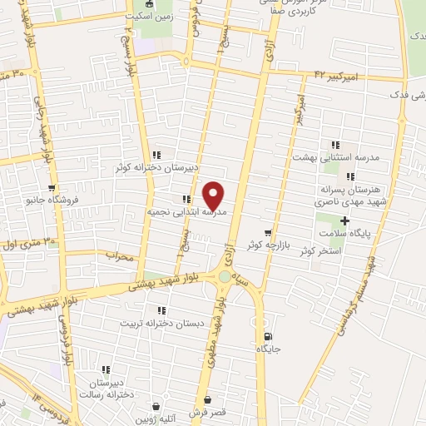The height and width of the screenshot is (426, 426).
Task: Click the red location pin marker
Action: (214, 196)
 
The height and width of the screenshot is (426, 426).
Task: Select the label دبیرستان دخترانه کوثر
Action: (156, 167)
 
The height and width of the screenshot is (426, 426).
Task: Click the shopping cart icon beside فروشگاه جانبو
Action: (52, 188)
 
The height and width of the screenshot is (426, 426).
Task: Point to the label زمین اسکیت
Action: (146, 16)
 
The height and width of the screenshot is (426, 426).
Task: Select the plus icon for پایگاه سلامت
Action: (344, 220)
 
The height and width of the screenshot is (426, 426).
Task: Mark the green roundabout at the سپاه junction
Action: (225, 277)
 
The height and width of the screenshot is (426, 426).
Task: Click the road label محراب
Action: (120, 256)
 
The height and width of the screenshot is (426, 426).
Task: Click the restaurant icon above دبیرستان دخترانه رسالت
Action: (106, 369)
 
